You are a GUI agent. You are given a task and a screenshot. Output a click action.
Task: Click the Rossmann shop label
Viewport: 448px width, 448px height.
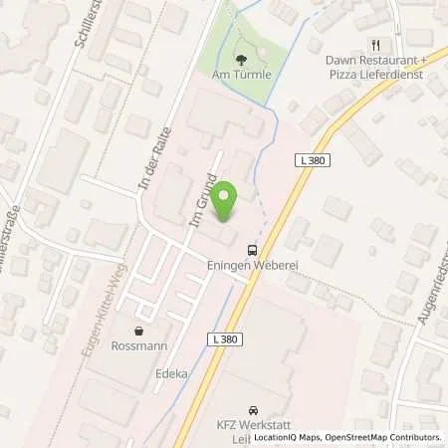(x=138, y=345)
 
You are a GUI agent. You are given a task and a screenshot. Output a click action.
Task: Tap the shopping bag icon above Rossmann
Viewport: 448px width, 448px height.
(x=138, y=331)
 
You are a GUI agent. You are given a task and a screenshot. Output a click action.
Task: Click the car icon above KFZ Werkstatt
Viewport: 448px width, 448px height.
(x=253, y=409)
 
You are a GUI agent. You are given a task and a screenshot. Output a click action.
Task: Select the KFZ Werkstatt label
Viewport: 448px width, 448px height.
(x=253, y=423)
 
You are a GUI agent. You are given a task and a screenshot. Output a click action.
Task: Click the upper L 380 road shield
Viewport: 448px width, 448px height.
(x=311, y=160)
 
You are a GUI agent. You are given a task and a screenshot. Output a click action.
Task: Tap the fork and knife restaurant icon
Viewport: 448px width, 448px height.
(x=376, y=44)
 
